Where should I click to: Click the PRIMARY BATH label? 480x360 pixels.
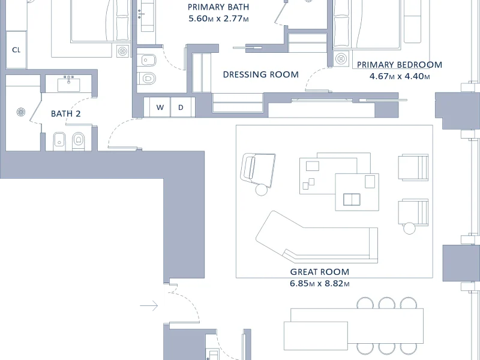pyautogui.click(x=218, y=7)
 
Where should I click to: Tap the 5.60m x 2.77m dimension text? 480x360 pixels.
pyautogui.click(x=218, y=19)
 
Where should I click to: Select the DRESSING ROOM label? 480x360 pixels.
pyautogui.click(x=261, y=74)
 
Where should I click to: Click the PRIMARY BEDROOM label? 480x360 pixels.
pyautogui.click(x=400, y=65)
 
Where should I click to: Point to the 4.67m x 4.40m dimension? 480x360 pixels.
pyautogui.click(x=400, y=76)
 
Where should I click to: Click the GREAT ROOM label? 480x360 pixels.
pyautogui.click(x=320, y=272)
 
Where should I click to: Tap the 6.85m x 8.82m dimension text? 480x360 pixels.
pyautogui.click(x=320, y=283)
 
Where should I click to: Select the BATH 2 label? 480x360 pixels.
pyautogui.click(x=65, y=114)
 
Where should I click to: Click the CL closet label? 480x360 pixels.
pyautogui.click(x=16, y=50)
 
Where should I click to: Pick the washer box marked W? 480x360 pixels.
pyautogui.click(x=160, y=107)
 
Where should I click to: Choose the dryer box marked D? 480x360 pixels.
pyautogui.click(x=181, y=107)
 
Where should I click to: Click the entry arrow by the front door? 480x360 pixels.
pyautogui.click(x=149, y=305)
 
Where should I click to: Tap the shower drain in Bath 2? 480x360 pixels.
pyautogui.click(x=21, y=112)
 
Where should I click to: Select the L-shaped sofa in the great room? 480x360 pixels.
pyautogui.click(x=317, y=237)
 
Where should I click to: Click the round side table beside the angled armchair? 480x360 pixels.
pyautogui.click(x=262, y=190)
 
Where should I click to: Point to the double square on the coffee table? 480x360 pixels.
pyautogui.click(x=352, y=200)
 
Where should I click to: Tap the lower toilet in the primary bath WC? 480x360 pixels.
pyautogui.click(x=147, y=79)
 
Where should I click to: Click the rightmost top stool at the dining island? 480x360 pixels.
pyautogui.click(x=409, y=303)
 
